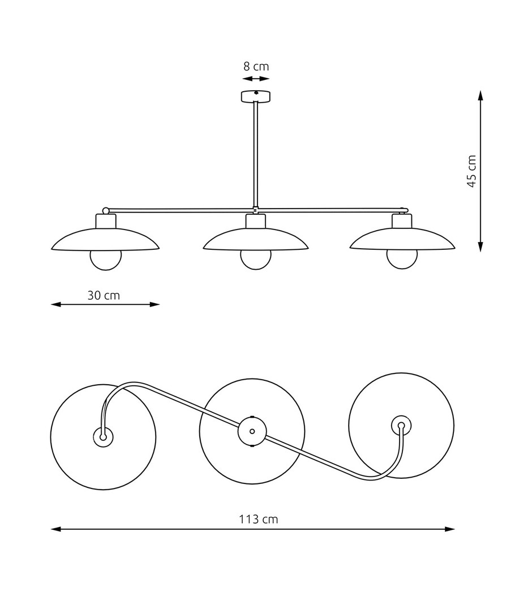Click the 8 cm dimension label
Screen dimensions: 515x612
(x=256, y=66)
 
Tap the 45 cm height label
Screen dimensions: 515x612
(x=472, y=171)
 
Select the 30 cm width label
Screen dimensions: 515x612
(x=104, y=295)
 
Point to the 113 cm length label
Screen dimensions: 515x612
(x=259, y=519)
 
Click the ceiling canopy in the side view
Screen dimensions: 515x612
(x=256, y=96)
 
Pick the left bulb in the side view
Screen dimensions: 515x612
(x=106, y=259)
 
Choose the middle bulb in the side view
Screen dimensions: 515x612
(x=256, y=259)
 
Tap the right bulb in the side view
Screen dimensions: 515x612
(x=402, y=259)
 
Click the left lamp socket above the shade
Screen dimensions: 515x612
(x=106, y=222)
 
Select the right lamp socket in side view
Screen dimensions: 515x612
(x=402, y=222)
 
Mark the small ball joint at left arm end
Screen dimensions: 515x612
(x=105, y=210)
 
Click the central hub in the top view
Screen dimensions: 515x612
(x=252, y=431)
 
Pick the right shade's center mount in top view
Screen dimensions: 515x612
(x=401, y=426)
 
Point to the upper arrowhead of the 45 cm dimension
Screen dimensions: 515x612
(x=480, y=95)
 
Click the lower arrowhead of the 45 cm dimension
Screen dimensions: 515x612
(x=480, y=246)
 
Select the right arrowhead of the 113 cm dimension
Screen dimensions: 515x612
(x=450, y=529)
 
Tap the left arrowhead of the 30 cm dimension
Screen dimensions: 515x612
(x=56, y=304)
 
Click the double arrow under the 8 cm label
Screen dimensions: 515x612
(x=256, y=79)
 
